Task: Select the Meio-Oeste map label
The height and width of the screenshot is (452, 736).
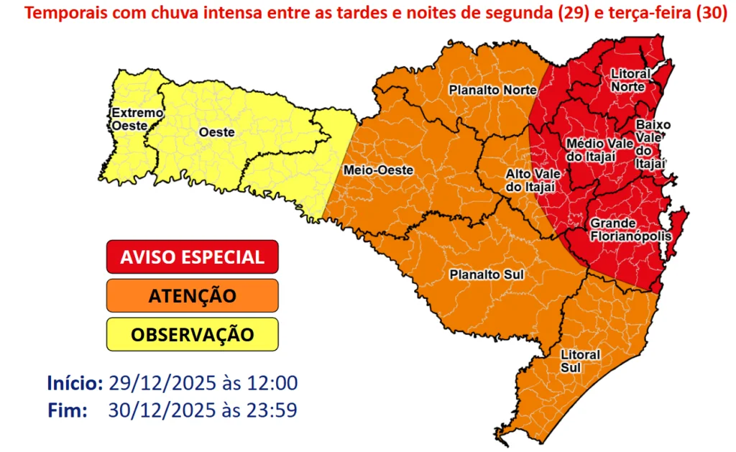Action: pyautogui.click(x=368, y=170)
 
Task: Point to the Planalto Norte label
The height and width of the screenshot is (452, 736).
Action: pyautogui.click(x=493, y=90)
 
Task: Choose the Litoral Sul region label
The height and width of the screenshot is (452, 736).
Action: pyautogui.click(x=581, y=361)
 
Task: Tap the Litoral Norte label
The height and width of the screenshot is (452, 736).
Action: pyautogui.click(x=630, y=80)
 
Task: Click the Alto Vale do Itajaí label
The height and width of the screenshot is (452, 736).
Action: pyautogui.click(x=530, y=180)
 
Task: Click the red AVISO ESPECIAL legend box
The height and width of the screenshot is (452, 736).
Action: pyautogui.click(x=192, y=257)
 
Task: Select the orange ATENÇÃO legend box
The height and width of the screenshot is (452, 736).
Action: pyautogui.click(x=192, y=295)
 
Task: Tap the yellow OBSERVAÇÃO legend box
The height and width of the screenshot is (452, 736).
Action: pyautogui.click(x=192, y=334)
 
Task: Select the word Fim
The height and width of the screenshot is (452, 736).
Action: pyautogui.click(x=68, y=410)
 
